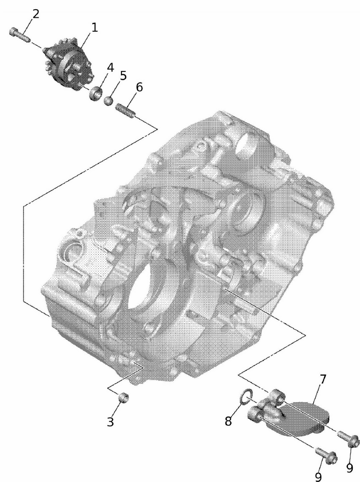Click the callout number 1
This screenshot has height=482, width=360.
click(x=94, y=27)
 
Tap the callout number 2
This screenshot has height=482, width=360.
click(x=36, y=14)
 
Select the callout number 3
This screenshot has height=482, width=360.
click(x=110, y=421)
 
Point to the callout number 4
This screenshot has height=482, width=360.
click(x=110, y=67)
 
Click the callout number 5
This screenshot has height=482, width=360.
click(x=123, y=76)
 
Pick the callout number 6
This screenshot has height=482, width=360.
click(x=139, y=87)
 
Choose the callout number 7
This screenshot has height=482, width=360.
click(x=322, y=379)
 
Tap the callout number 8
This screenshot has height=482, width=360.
click(x=228, y=421)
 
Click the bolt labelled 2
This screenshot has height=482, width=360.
click(x=20, y=34)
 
